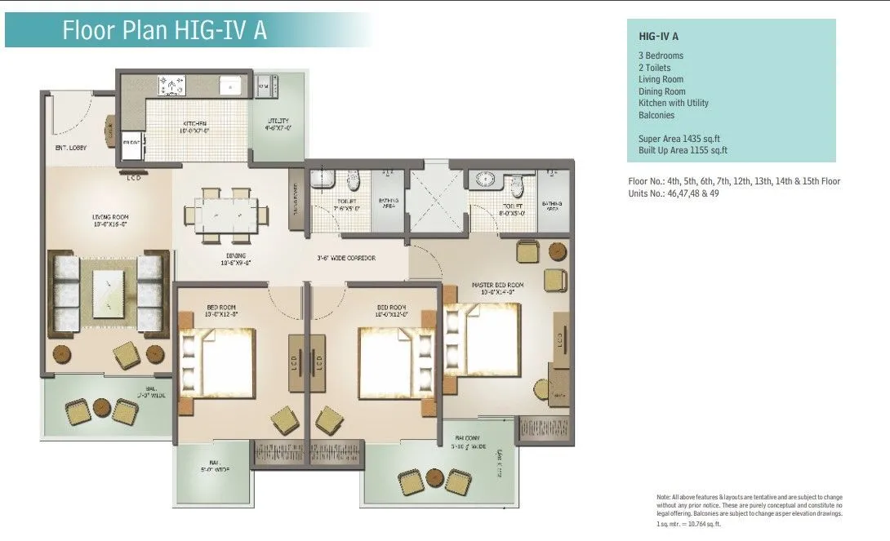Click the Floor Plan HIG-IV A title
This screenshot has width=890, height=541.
click(165, 30)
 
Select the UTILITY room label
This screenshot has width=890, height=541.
click(278, 125)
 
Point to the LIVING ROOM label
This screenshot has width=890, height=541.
click(110, 220)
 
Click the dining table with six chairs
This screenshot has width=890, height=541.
click(226, 214)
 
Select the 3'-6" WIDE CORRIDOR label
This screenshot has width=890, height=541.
click(346, 258)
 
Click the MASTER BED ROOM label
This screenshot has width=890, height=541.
click(497, 285)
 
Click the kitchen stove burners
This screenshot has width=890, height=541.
click(173, 84)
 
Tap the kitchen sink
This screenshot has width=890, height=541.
click(231, 85)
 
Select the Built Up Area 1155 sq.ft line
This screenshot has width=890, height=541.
click(683, 150)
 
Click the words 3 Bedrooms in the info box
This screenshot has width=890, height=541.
click(661, 55)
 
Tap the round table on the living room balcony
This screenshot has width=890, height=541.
click(101, 407)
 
